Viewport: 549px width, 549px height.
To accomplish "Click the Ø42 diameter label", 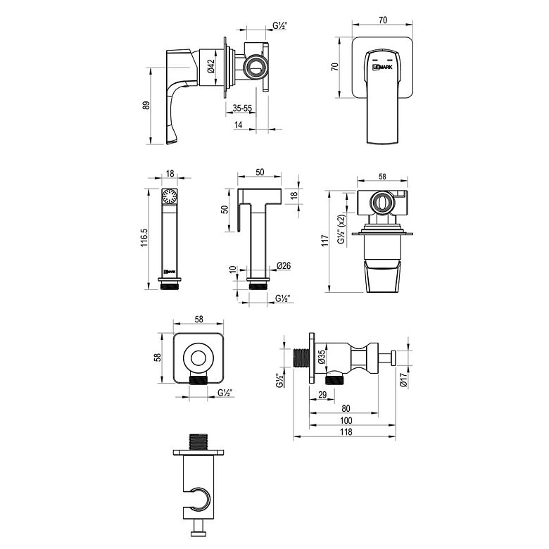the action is [210, 66].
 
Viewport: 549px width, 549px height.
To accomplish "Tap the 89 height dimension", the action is [146, 106].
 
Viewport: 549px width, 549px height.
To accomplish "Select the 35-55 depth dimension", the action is [242, 108].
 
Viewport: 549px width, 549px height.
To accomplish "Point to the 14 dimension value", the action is [239, 125].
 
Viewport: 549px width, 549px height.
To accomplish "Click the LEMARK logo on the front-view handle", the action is [382, 67].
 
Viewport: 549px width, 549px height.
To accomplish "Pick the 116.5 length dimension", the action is [145, 238].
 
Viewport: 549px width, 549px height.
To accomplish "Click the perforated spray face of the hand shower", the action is [170, 196].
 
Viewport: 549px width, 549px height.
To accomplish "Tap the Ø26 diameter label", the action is [284, 266].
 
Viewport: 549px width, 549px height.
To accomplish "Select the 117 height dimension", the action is [325, 241].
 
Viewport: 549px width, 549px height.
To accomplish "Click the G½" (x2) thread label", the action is [341, 229].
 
